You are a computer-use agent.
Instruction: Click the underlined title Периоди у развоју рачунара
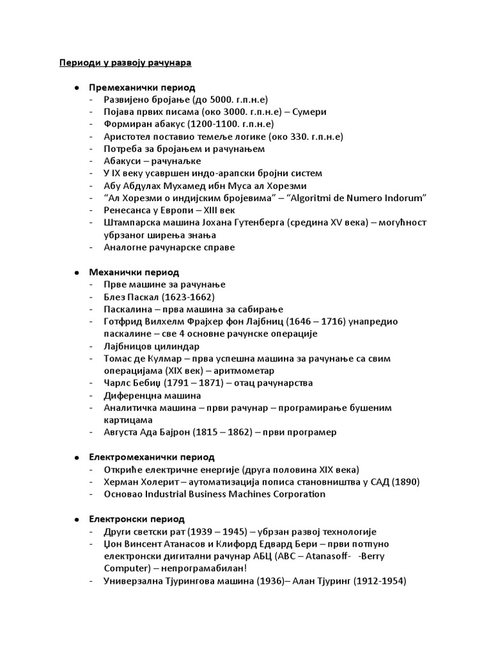pyautogui.click(x=125, y=63)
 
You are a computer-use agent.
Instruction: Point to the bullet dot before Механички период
pyautogui.click(x=76, y=272)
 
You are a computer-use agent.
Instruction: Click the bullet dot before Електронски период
pyautogui.click(x=76, y=519)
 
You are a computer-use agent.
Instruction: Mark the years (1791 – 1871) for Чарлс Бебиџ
pyautogui.click(x=191, y=383)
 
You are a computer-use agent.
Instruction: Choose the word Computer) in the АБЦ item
pyautogui.click(x=125, y=568)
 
